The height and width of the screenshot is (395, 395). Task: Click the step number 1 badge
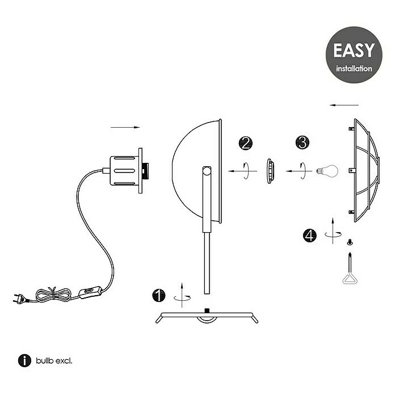pyautogui.click(x=159, y=295)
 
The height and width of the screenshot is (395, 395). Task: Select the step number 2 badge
pyautogui.click(x=245, y=143)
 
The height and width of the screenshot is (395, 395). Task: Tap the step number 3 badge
pyautogui.click(x=302, y=142)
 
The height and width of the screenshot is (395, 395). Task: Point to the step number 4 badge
pyautogui.click(x=310, y=236)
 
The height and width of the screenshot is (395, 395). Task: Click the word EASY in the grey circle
pyautogui.click(x=354, y=51)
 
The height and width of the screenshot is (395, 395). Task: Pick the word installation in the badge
pyautogui.click(x=354, y=69)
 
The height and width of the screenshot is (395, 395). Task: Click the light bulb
pyautogui.click(x=327, y=171)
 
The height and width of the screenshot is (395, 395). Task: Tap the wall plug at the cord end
pyautogui.click(x=20, y=299)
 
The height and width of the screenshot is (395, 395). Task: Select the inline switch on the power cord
pyautogui.click(x=90, y=292)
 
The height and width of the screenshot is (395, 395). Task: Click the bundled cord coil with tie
pyautogui.click(x=53, y=295)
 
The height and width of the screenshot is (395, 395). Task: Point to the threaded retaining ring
pyautogui.click(x=270, y=171)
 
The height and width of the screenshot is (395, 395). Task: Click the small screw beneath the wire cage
pyautogui.click(x=350, y=242)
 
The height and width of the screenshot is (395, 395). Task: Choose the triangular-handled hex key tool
pyautogui.click(x=350, y=269)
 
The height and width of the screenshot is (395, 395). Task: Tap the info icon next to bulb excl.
pyautogui.click(x=24, y=360)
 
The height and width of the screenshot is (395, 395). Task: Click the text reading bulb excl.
pyautogui.click(x=54, y=361)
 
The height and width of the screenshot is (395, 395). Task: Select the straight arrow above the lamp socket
pyautogui.click(x=125, y=128)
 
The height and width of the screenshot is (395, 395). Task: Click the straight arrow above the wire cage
pyautogui.click(x=344, y=105)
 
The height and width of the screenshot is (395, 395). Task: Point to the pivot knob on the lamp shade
pyautogui.click(x=207, y=171)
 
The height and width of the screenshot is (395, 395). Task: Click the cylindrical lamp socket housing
pyautogui.click(x=124, y=171)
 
